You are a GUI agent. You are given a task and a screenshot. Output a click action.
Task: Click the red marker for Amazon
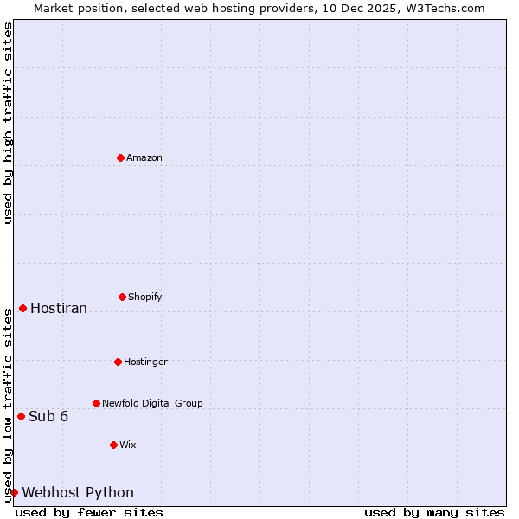tap(120, 157)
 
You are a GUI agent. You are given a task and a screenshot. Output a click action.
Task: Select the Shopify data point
tap(122, 297)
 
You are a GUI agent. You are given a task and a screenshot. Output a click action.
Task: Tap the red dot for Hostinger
tap(118, 362)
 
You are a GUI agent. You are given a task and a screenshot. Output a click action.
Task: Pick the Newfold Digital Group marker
tap(96, 403)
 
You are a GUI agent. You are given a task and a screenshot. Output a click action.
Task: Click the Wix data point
tap(113, 445)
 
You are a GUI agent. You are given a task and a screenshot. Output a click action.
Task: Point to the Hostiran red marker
tap(22, 308)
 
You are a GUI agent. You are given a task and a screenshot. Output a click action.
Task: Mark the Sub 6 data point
tap(21, 416)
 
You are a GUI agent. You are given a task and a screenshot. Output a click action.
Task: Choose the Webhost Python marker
tap(14, 492)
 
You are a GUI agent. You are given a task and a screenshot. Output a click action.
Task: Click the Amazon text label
tap(144, 157)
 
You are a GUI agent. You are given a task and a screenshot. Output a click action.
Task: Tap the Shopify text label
tap(145, 297)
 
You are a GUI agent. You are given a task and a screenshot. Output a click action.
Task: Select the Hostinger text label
tap(145, 362)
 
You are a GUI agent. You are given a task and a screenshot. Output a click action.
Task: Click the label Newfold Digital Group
tap(152, 403)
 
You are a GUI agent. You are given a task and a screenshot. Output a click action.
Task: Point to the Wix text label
tap(128, 445)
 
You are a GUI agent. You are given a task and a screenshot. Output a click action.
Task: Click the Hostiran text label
tap(59, 308)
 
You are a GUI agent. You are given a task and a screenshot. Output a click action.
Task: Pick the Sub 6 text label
tap(48, 416)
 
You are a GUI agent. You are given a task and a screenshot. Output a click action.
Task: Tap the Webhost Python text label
tap(78, 492)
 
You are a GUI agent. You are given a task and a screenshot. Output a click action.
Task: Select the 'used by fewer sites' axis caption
tap(89, 512)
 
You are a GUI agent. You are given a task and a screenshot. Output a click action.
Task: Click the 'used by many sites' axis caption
tap(434, 512)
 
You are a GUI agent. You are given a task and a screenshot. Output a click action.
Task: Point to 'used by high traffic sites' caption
tap(8, 123)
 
